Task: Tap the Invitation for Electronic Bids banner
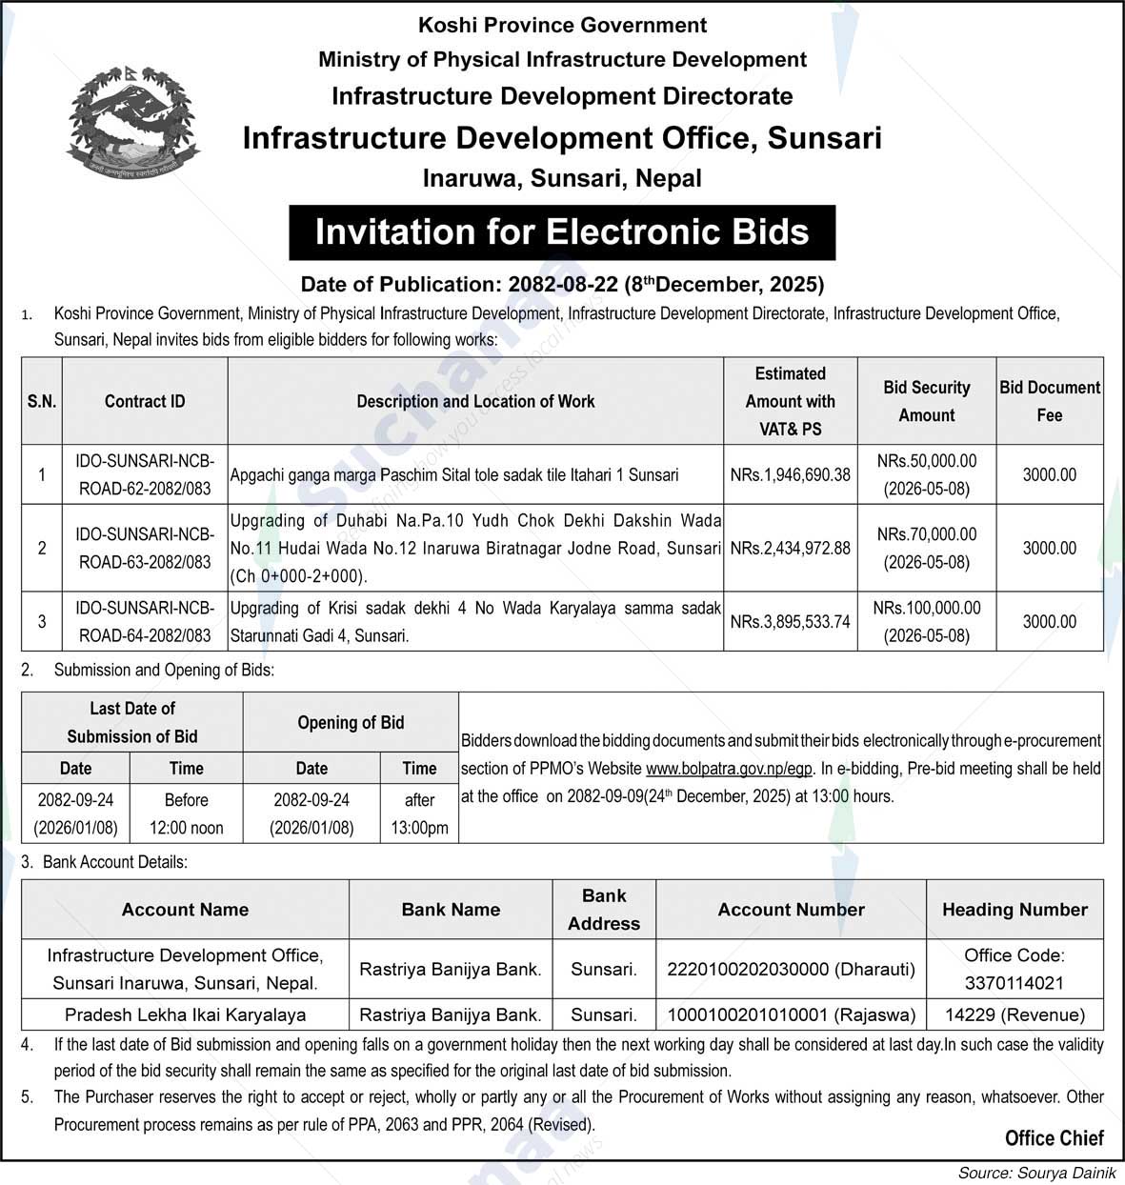pyautogui.click(x=562, y=232)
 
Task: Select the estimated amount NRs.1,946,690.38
pyautogui.click(x=790, y=474)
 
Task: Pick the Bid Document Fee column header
pyautogui.click(x=1049, y=401)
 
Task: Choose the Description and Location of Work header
pyautogui.click(x=475, y=401)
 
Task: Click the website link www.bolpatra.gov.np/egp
pyautogui.click(x=730, y=769)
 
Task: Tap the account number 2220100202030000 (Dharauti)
pyautogui.click(x=791, y=969)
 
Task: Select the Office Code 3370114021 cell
pyautogui.click(x=1015, y=969)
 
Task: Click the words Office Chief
pyautogui.click(x=1054, y=1137)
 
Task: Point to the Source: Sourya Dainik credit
pyautogui.click(x=1036, y=1173)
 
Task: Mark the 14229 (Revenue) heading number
pyautogui.click(x=1015, y=1014)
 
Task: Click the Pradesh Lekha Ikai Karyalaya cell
pyautogui.click(x=185, y=1014)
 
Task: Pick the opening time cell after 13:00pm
pyautogui.click(x=419, y=813)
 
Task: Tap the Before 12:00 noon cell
pyautogui.click(x=186, y=813)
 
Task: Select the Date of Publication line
pyautogui.click(x=562, y=284)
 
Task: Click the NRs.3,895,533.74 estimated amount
pyautogui.click(x=790, y=621)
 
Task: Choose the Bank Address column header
pyautogui.click(x=604, y=910)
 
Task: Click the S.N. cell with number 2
pyautogui.click(x=42, y=548)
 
